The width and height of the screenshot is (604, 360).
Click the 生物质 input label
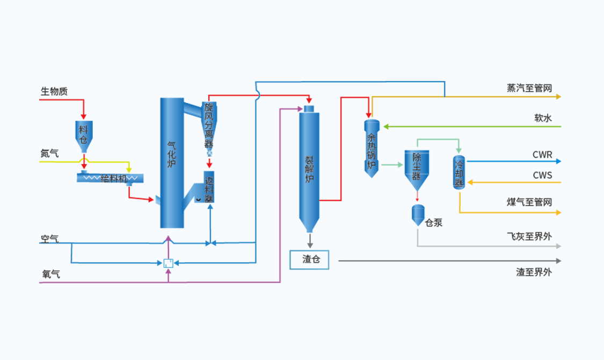(x=54, y=91)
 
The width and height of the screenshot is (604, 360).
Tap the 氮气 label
(x=50, y=153)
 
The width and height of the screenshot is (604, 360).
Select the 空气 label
(x=50, y=238)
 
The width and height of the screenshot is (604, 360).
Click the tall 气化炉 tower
(x=172, y=161)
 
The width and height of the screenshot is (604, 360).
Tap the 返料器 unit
(x=209, y=188)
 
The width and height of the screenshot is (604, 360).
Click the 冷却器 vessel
(x=460, y=172)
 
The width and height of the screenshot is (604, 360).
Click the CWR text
(x=542, y=155)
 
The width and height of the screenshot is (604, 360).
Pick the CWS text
(x=542, y=175)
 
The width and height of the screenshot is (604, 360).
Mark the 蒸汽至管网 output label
(x=529, y=89)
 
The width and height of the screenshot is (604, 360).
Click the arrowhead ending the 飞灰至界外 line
(x=558, y=246)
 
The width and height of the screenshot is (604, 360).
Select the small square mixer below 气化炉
(x=169, y=263)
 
